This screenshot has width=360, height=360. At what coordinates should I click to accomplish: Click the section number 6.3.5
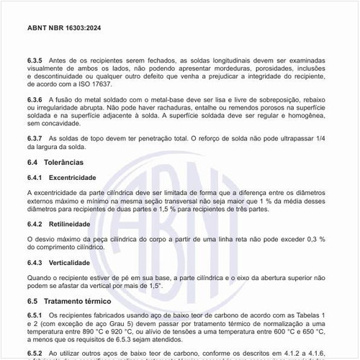click(37, 61)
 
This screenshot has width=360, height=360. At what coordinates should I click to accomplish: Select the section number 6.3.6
click(37, 99)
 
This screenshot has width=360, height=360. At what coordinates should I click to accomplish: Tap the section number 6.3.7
click(37, 137)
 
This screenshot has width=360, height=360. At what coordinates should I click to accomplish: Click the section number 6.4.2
click(36, 225)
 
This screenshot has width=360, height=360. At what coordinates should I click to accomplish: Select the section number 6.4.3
click(36, 263)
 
